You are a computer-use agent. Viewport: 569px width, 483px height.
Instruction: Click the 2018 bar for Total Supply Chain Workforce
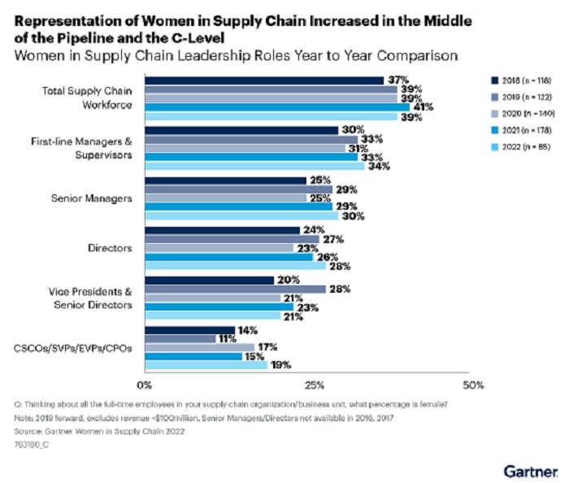pos(264,80)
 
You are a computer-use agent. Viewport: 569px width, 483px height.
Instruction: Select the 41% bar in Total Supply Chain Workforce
pos(277,107)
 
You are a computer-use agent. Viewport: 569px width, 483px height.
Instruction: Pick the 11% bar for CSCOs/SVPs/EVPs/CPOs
pos(180,338)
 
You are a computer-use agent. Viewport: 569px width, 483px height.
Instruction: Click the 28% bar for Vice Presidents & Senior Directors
pos(235,289)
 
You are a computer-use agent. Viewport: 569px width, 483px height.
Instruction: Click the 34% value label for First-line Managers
pos(380,166)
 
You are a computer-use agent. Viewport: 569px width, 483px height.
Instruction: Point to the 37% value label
pos(397,80)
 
